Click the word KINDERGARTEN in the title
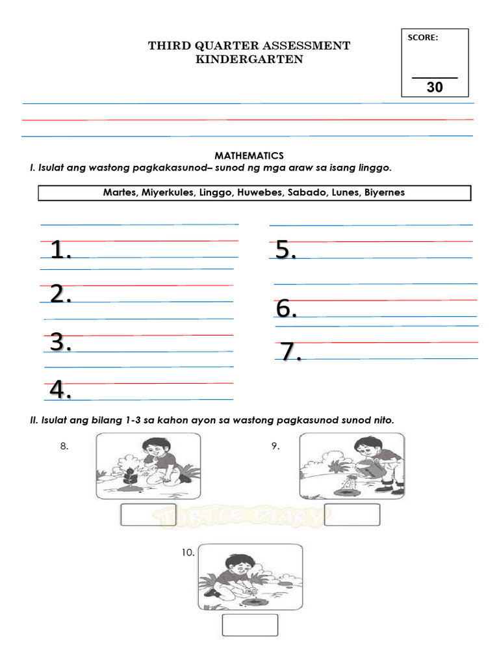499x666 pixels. pyautogui.click(x=249, y=60)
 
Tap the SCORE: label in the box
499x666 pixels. pyautogui.click(x=422, y=38)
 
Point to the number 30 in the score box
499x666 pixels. pyautogui.click(x=435, y=87)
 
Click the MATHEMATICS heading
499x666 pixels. pyautogui.click(x=249, y=155)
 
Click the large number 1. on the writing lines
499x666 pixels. pyautogui.click(x=60, y=250)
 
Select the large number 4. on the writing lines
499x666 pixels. pyautogui.click(x=60, y=390)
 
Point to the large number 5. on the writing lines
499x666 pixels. pyautogui.click(x=286, y=250)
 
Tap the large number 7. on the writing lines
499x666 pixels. pyautogui.click(x=290, y=352)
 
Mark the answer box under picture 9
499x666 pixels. pyautogui.click(x=352, y=514)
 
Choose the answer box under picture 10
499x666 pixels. pyautogui.click(x=250, y=625)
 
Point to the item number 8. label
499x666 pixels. pyautogui.click(x=64, y=446)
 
